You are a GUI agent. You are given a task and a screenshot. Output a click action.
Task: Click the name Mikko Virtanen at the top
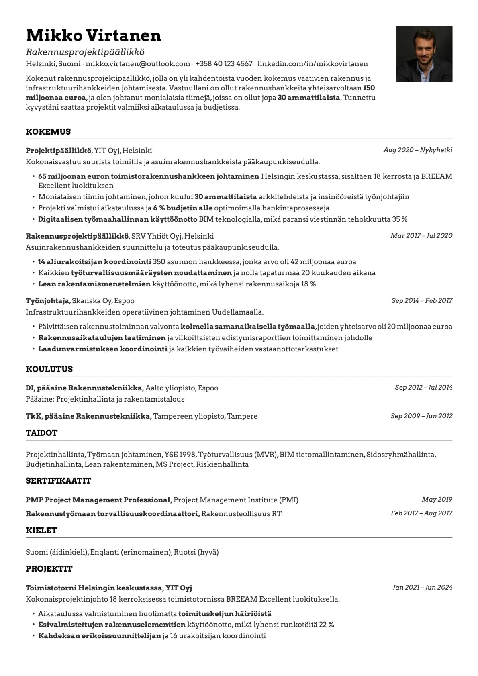[x=93, y=35]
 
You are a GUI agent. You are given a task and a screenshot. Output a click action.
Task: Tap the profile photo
[x=424, y=54]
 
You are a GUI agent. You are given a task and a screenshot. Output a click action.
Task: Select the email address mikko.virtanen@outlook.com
[x=138, y=64]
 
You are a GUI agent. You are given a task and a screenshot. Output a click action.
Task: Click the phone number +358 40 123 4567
[x=224, y=64]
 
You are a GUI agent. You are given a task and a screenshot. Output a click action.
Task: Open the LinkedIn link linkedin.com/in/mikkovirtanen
[x=313, y=64]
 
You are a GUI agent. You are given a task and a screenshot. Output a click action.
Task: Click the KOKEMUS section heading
[x=48, y=132]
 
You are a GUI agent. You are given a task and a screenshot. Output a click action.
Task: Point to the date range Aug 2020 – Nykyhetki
[x=418, y=150]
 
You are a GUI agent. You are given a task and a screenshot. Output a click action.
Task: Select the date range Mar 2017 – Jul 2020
[x=421, y=235]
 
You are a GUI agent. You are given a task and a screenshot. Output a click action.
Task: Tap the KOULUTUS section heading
[x=49, y=369]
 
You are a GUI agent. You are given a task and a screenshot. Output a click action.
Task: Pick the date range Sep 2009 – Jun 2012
[x=421, y=416]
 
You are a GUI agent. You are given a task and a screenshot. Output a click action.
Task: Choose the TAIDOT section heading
[x=41, y=433]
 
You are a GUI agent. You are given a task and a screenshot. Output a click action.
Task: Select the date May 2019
[x=437, y=499]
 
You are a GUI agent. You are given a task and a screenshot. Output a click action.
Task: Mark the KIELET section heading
[x=41, y=531]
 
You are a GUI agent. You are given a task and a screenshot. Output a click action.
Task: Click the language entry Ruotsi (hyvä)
[x=196, y=552]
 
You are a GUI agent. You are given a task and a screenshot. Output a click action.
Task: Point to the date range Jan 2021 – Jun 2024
[x=423, y=587]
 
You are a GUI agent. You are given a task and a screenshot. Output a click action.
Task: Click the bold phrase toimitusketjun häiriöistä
[x=225, y=614]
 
